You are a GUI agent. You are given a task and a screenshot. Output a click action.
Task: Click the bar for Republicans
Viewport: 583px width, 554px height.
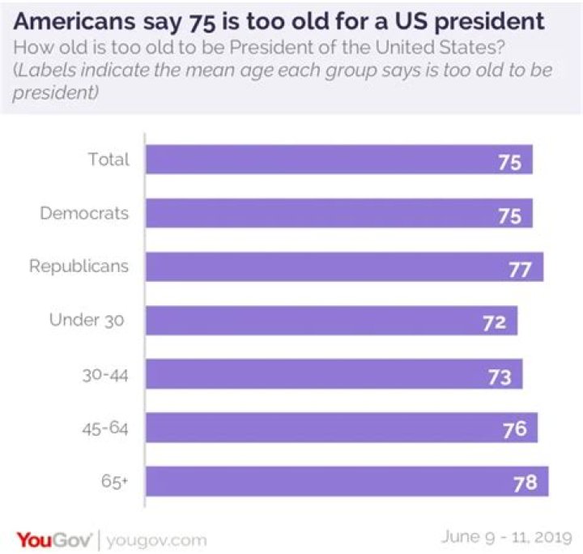point(345,266)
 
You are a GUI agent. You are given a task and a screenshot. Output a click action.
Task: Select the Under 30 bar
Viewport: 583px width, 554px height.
point(332,321)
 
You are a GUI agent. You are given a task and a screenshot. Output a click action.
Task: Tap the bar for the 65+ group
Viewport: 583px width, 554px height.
point(347,481)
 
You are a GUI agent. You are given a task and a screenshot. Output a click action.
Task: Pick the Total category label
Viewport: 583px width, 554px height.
point(109,159)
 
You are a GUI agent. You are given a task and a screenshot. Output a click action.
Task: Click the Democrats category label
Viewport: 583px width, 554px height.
point(84,213)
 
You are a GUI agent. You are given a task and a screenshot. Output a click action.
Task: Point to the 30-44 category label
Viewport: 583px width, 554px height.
point(105,375)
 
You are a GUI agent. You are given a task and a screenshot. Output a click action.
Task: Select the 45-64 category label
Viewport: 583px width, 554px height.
point(105,428)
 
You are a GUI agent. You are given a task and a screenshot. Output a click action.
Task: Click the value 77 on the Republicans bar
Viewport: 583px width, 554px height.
point(520,270)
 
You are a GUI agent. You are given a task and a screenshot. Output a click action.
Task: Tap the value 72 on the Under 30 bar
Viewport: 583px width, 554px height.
point(495,322)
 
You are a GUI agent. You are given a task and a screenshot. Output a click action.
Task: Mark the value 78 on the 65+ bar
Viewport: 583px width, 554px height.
point(526,483)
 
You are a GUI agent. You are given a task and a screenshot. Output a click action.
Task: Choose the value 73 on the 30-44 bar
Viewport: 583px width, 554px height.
point(500,377)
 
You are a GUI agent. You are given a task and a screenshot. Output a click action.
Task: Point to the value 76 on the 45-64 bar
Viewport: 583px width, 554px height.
point(515,430)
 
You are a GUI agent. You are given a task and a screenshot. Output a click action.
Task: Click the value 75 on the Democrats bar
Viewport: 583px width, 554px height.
point(510,216)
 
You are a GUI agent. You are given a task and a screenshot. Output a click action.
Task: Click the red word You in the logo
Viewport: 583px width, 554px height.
point(35,540)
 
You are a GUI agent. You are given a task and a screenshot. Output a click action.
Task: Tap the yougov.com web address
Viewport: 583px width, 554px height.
point(156,540)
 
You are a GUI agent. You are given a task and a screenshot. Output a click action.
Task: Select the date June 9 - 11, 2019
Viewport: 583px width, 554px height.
point(506,537)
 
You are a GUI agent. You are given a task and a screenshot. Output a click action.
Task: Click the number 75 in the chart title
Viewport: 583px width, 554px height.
point(202,23)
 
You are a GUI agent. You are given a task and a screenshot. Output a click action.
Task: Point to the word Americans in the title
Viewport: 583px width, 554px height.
point(74,21)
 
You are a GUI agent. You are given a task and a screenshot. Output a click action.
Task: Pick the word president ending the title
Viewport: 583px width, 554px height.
point(489,22)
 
